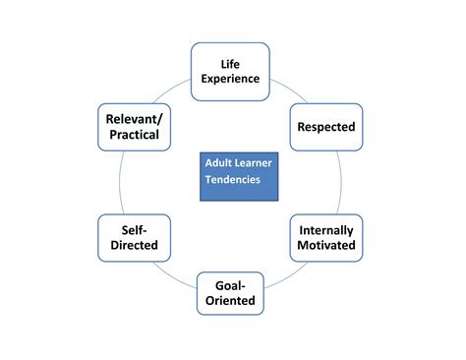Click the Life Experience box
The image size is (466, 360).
230,72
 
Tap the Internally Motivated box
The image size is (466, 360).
326,238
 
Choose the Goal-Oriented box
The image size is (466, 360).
229,293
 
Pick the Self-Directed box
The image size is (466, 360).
134,238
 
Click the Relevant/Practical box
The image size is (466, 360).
133,127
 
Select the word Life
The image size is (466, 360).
230,64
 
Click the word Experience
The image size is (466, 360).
230,80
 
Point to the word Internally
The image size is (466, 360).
326,230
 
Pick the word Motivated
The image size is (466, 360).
326,246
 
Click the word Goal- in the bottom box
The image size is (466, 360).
229,285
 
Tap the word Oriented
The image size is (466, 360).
229,301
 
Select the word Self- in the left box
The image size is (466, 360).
134,230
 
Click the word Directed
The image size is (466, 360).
134,246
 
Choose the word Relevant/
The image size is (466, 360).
133,119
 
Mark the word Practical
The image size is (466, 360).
133,135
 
